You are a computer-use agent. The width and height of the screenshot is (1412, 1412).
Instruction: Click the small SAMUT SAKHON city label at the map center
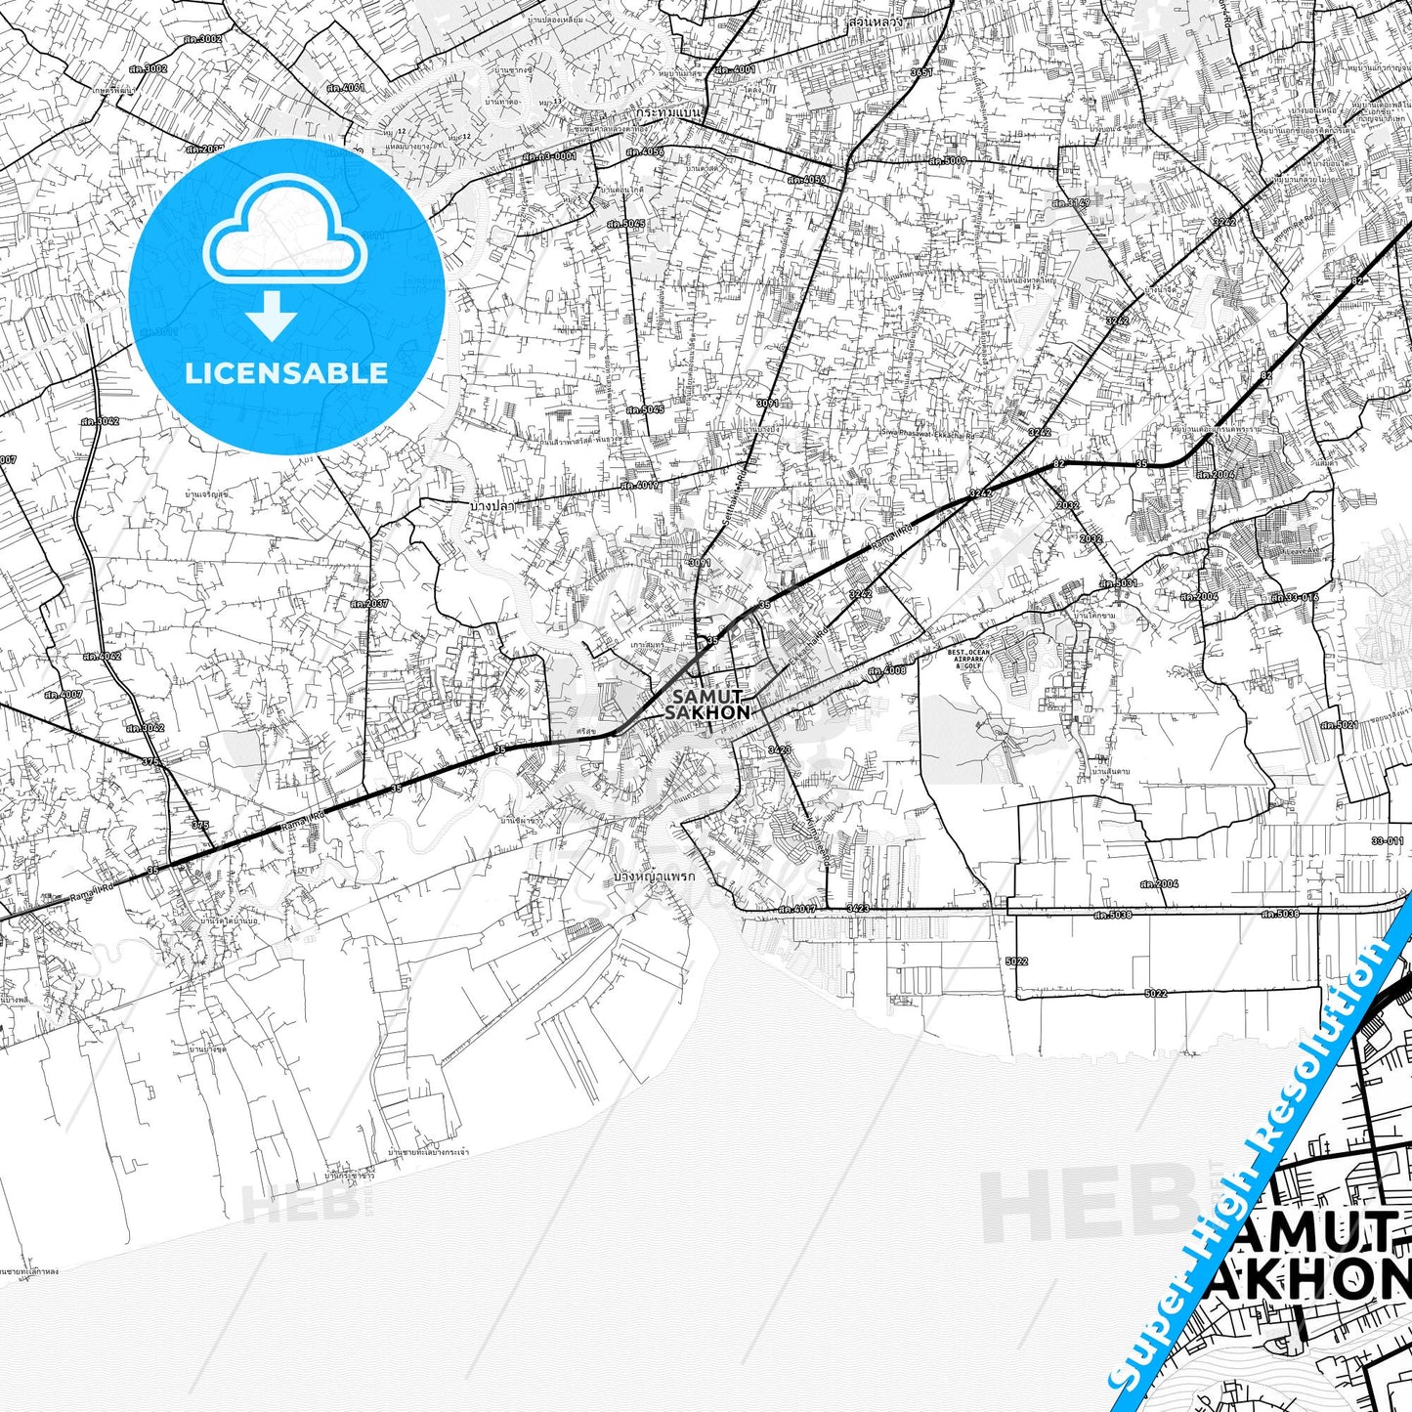pos(707,704)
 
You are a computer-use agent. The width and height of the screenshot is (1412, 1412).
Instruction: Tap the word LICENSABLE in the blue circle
pos(286,372)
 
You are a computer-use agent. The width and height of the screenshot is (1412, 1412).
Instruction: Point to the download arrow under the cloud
pos(272,316)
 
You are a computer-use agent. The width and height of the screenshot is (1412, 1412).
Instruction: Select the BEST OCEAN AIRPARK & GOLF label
pos(968,659)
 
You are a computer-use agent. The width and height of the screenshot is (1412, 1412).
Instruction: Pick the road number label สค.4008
pos(886,670)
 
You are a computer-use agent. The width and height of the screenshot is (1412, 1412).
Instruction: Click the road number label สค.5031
pos(1118,583)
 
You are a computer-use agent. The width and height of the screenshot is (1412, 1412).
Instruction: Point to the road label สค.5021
pos(1339,725)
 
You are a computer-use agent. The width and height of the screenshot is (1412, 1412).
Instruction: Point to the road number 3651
pos(920,72)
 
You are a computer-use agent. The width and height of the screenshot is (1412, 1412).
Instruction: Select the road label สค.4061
pos(346,88)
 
